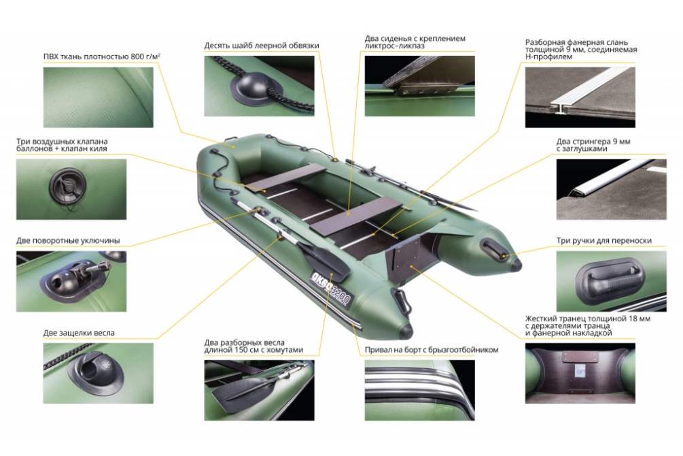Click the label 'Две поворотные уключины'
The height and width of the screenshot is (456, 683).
click(68, 240)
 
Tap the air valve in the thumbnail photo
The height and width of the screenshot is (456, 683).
click(67, 186)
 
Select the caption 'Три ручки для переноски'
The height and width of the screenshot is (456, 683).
click(603, 240)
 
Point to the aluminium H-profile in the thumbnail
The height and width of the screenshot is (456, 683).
click(584, 92)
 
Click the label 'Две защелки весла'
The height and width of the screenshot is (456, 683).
click(79, 333)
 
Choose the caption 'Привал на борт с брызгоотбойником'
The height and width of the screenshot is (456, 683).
click(432, 350)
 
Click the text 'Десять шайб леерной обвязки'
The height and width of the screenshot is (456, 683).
click(262, 46)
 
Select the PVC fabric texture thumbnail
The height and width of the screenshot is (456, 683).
click(99, 97)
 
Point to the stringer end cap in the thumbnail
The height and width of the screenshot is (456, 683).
click(576, 192)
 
